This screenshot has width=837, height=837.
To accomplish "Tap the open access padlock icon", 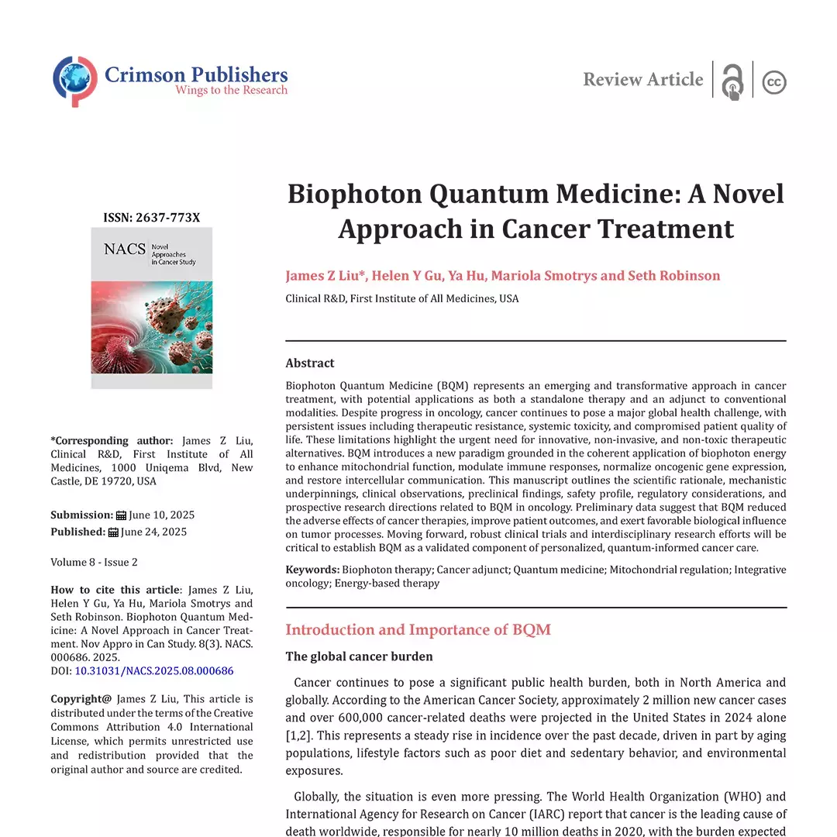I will pyautogui.click(x=732, y=81).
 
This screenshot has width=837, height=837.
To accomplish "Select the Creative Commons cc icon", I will pyautogui.click(x=773, y=81).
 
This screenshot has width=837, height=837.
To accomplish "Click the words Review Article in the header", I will pyautogui.click(x=642, y=80).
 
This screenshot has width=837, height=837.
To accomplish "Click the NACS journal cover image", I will pyautogui.click(x=151, y=308).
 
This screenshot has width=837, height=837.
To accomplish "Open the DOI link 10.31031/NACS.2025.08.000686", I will pyautogui.click(x=153, y=671).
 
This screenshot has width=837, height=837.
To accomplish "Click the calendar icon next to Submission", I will pyautogui.click(x=121, y=515).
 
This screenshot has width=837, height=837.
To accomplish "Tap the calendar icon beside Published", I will pyautogui.click(x=113, y=532).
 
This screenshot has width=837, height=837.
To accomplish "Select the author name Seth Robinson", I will pyautogui.click(x=674, y=276).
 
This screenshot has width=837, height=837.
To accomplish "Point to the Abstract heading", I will pyautogui.click(x=310, y=363).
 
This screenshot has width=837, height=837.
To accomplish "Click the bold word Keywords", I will pyautogui.click(x=312, y=570).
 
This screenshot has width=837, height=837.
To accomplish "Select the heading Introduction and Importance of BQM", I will pyautogui.click(x=418, y=629).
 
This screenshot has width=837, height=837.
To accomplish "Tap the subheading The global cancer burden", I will pyautogui.click(x=359, y=657).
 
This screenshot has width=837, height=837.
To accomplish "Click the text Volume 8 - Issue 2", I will pyautogui.click(x=94, y=562).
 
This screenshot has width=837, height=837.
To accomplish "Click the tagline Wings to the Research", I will pyautogui.click(x=231, y=91).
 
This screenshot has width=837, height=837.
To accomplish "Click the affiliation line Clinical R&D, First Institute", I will pyautogui.click(x=401, y=298).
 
